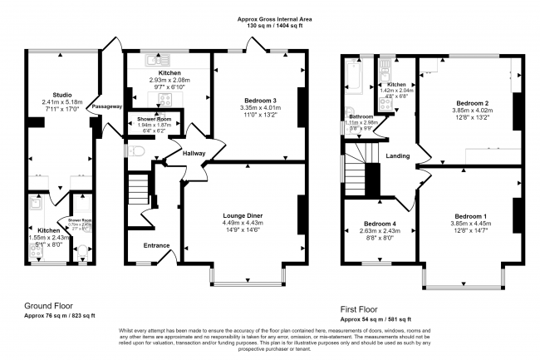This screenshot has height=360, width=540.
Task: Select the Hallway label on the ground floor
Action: point(194,153)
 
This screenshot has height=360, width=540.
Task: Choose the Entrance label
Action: point(156,245)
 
